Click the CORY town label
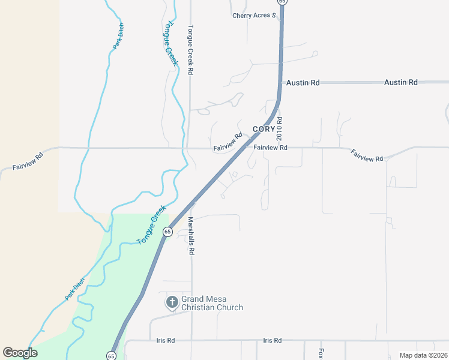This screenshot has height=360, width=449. click(x=264, y=129)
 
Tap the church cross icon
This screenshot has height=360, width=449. click(x=172, y=302)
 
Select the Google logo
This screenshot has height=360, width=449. click(x=20, y=353)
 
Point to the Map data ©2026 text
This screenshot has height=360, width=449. click(x=423, y=355)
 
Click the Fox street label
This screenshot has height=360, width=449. click(x=321, y=353)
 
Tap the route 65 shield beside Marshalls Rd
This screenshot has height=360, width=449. click(x=167, y=231)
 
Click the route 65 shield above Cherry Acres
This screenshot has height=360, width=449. click(x=282, y=2)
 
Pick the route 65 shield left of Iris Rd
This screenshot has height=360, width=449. click(x=111, y=356)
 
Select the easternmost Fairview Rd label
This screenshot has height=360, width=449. click(x=367, y=155)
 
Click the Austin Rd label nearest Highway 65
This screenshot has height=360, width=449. click(x=303, y=83)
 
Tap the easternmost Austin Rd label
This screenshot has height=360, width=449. click(x=401, y=82)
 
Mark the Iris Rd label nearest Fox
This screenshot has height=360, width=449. click(x=272, y=340)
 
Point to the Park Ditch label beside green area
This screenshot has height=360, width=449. click(x=75, y=290)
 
